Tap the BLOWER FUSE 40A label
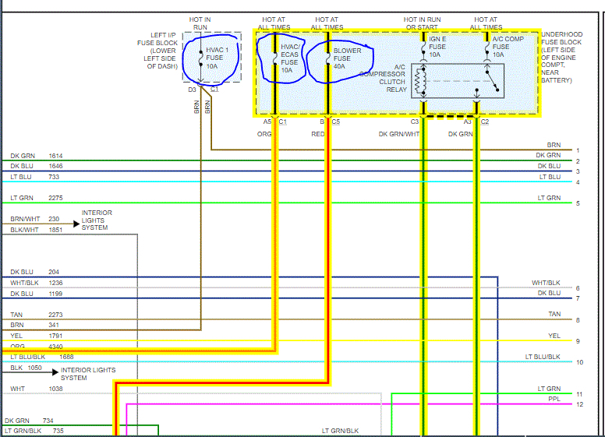344,58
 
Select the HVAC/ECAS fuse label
290,58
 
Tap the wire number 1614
55,156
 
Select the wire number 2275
55,198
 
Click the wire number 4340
55,347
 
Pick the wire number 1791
55,336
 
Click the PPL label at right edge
554,398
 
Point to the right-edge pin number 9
578,341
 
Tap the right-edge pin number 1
578,150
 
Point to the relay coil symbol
422,79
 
